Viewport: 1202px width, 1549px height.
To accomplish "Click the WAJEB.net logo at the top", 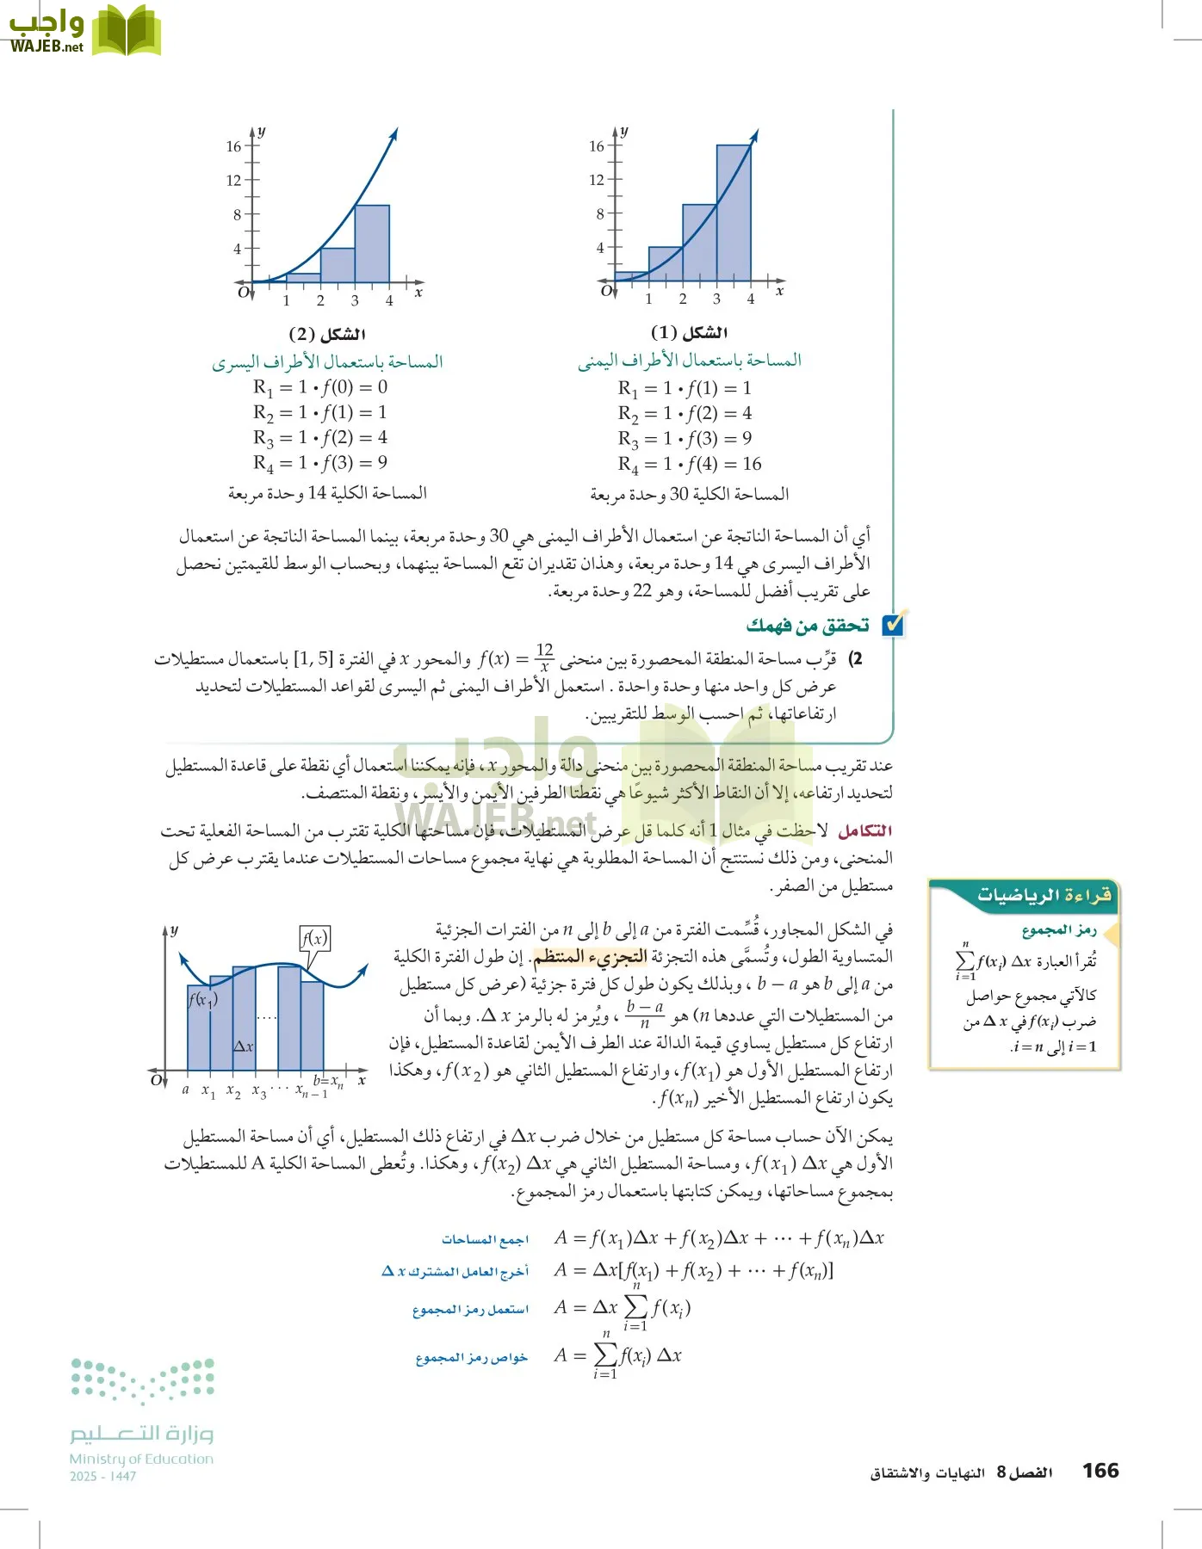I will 84,31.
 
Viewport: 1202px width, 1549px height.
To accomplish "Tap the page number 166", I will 1100,1470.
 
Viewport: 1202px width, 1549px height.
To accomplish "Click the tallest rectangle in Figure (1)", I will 733,213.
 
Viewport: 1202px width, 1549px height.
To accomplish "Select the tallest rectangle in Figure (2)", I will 372,244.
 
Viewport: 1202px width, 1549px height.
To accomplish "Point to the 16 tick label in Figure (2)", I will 233,146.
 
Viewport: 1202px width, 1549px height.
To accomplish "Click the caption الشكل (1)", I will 689,332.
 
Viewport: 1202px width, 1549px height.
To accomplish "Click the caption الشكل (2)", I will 327,333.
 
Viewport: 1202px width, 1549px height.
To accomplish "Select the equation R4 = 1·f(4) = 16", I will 689,464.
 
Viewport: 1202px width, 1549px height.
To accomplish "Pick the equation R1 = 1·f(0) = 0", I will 320,387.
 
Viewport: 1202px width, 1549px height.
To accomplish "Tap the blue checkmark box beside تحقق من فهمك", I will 894,624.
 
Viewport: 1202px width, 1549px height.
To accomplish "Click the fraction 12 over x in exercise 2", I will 544,658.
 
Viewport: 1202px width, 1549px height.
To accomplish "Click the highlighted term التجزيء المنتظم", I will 590,956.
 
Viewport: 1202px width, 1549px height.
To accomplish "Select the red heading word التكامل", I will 864,830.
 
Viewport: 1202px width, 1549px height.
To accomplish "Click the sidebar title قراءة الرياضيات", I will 1044,895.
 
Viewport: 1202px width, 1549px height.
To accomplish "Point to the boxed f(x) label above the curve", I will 315,938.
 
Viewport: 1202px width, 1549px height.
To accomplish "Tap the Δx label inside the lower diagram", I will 244,1046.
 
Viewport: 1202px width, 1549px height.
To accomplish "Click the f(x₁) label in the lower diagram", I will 203,999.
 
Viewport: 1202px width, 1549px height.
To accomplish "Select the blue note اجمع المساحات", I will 485,1239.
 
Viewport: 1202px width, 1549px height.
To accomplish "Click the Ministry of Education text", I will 141,1459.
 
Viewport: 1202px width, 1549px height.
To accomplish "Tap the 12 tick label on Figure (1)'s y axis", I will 596,180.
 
